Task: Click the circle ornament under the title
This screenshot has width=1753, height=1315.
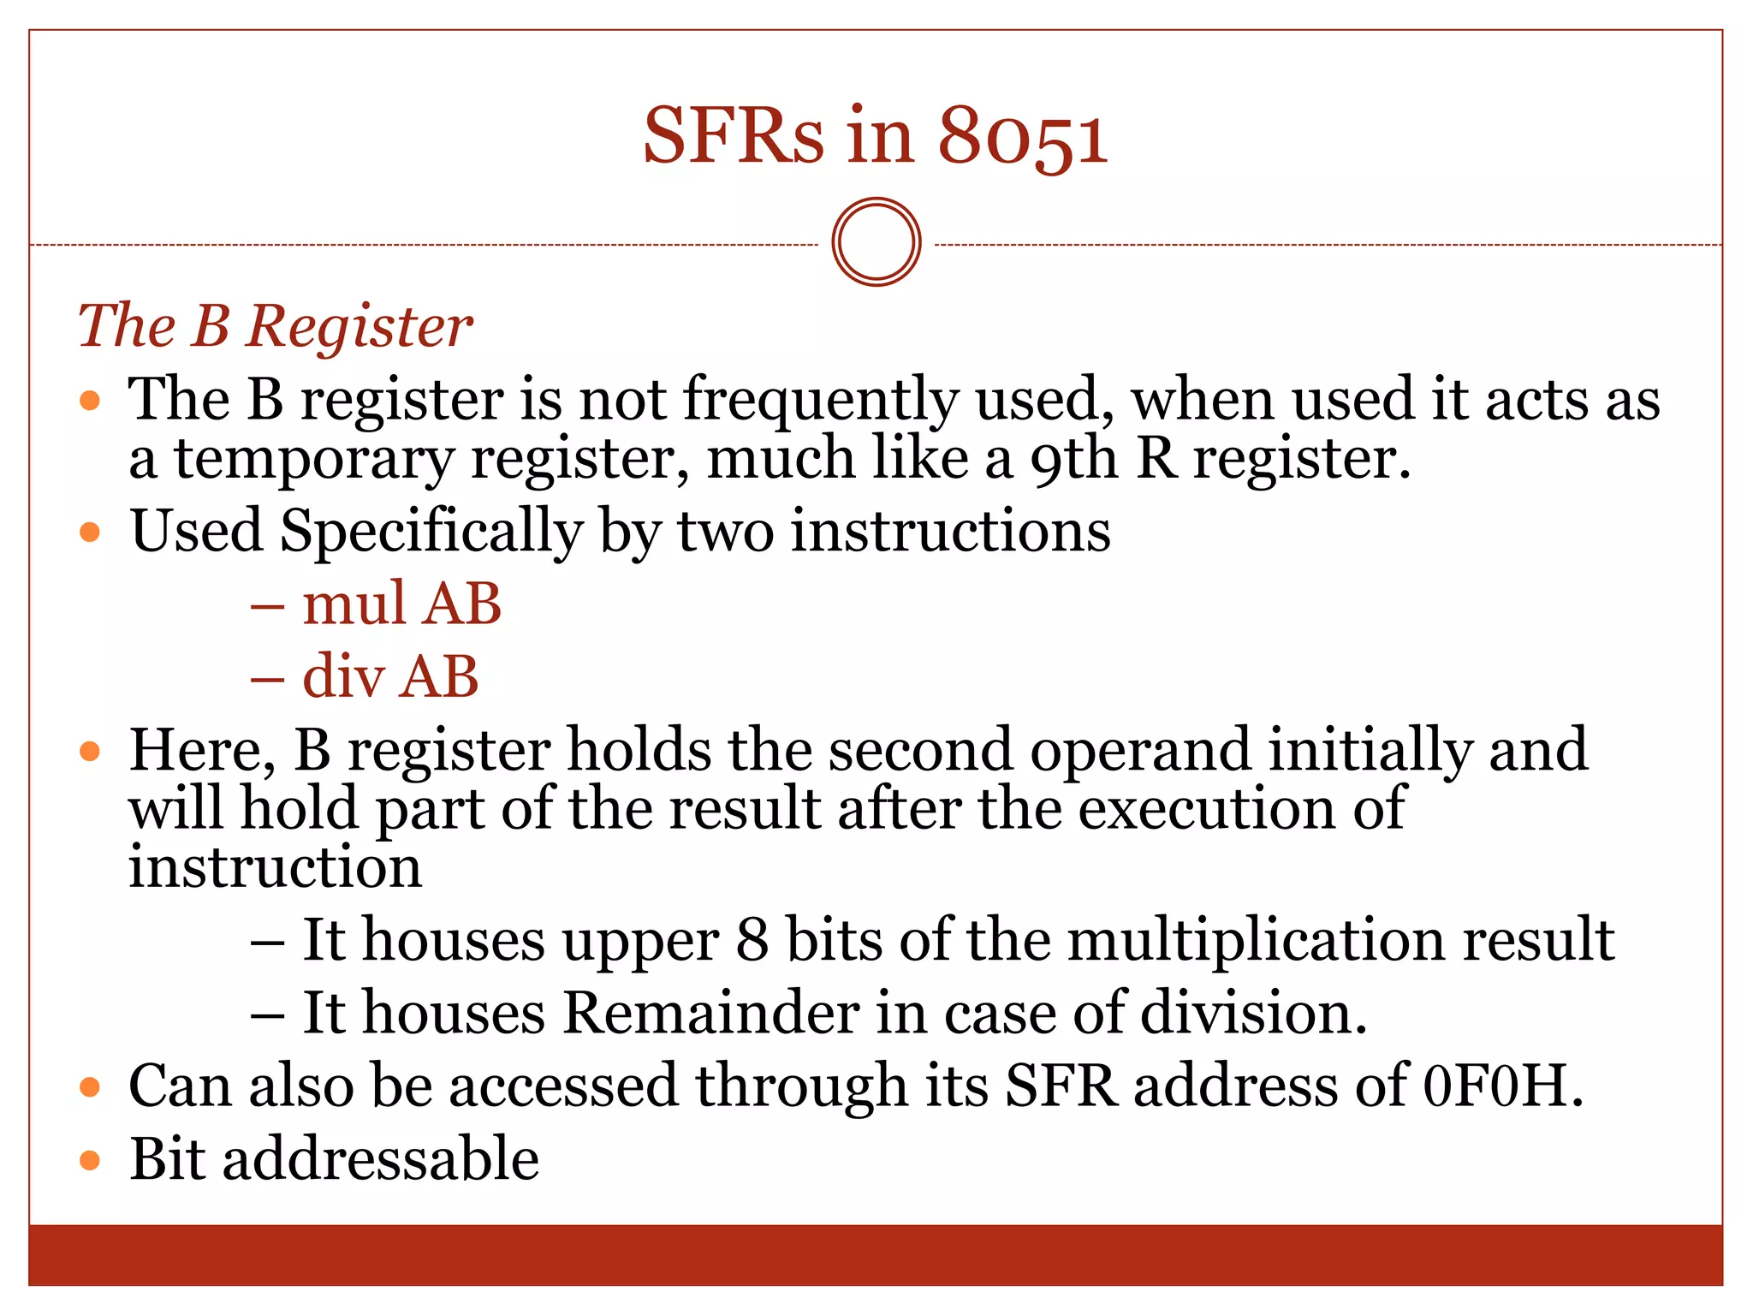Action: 876,242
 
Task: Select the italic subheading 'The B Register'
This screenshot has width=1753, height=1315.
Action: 275,326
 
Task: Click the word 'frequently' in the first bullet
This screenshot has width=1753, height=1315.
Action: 820,401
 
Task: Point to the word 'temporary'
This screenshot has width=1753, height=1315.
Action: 313,461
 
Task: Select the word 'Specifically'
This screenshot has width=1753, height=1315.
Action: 431,533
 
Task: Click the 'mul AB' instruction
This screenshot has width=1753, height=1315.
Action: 401,604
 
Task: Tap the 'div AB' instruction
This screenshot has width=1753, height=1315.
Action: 390,676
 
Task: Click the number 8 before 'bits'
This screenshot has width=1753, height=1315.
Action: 752,940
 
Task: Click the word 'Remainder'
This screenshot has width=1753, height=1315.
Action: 710,1013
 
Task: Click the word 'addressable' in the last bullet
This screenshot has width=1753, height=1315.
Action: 381,1159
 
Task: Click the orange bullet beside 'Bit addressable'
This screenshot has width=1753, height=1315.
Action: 90,1161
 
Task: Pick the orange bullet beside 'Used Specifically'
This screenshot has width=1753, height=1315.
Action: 90,533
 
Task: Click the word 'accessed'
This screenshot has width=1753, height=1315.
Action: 563,1086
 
